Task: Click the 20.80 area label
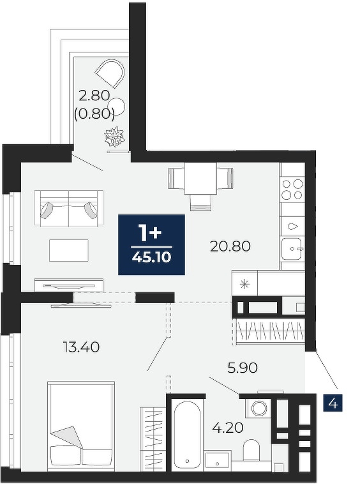point(230,246)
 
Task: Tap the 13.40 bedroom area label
point(82,347)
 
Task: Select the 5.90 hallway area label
point(243,368)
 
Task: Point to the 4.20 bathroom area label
point(228,427)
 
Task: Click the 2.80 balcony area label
point(94,95)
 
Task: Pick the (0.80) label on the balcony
point(94,114)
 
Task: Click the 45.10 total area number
point(151,257)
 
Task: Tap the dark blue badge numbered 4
point(333,403)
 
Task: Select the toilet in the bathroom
point(251,451)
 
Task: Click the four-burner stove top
point(292,190)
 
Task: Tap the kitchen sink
point(292,248)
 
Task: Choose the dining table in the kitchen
point(200,179)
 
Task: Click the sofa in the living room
point(69,209)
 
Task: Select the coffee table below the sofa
point(69,250)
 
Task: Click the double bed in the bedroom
point(81,426)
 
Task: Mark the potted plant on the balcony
point(114,137)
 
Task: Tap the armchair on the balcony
point(110,73)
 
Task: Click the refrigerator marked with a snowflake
point(245,283)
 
